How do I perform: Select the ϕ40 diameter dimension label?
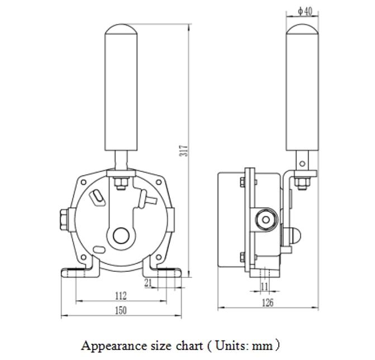point(305,11)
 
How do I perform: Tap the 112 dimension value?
point(120,295)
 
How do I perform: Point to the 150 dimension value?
point(120,310)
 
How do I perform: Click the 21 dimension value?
point(148,283)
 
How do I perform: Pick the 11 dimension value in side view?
point(264,287)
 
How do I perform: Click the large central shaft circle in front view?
point(121,236)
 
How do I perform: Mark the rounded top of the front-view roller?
point(121,29)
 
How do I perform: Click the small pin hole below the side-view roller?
point(302,164)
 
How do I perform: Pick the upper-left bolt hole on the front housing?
point(83,182)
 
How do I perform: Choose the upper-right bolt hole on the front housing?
point(158,182)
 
